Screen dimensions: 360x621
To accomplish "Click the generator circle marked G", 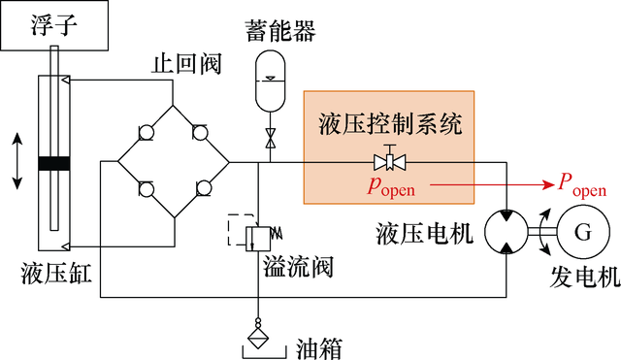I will [582, 233].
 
